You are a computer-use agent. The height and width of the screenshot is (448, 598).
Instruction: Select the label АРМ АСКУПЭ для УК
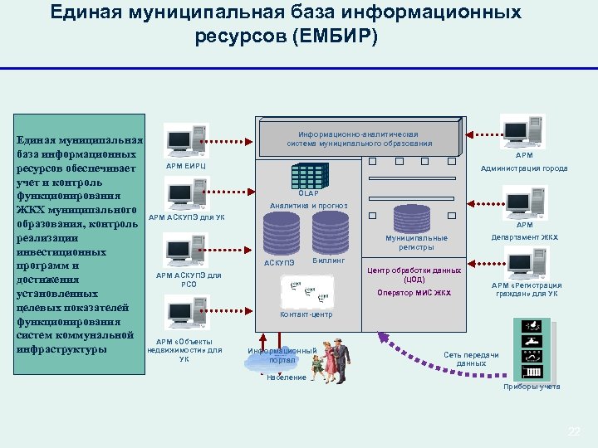click(x=186, y=218)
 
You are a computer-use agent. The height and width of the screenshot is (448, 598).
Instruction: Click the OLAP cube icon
click(x=308, y=175)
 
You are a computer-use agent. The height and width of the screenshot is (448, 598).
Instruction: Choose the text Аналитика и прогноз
click(x=309, y=205)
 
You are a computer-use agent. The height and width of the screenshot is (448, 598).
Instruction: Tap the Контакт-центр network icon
click(x=306, y=291)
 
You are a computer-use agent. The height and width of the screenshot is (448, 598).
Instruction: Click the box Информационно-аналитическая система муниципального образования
click(x=360, y=138)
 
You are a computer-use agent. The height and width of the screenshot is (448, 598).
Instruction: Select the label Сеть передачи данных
click(x=471, y=359)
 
